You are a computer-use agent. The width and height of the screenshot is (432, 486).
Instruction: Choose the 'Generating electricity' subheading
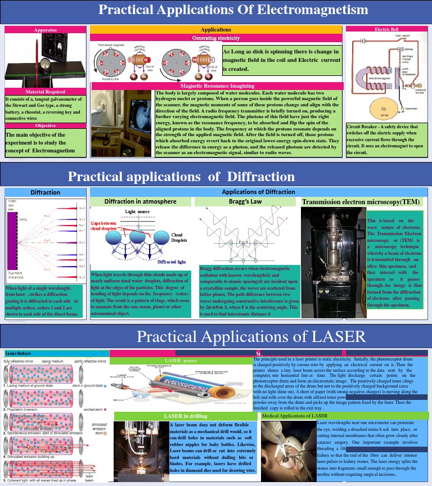[x=216, y=38]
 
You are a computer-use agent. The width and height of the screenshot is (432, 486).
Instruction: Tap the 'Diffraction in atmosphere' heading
[x=141, y=201]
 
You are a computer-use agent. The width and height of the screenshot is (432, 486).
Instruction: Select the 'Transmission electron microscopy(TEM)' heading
[x=361, y=202]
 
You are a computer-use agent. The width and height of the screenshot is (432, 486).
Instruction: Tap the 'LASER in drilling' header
[x=186, y=416]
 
